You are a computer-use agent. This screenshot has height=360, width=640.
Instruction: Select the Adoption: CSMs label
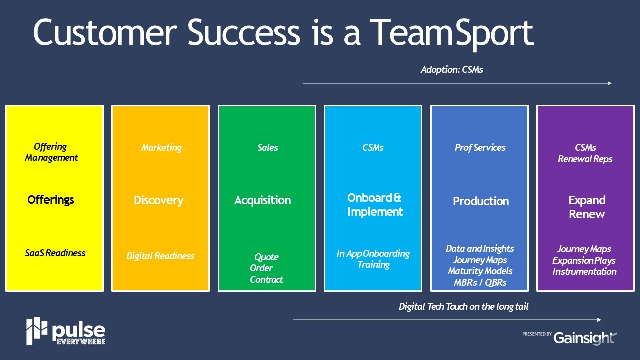452,69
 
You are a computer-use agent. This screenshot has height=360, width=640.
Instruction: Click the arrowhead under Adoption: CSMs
609,83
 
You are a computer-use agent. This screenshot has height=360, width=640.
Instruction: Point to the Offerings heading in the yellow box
51,200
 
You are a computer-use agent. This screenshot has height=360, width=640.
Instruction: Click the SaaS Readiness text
55,253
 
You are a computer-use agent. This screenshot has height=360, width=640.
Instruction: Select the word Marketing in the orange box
161,148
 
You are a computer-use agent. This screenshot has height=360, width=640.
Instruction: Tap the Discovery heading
159,200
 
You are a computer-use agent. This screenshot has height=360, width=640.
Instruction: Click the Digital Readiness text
160,256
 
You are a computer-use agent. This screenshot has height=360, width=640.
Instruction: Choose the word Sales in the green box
267,147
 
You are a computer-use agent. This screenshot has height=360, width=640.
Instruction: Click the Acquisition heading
263,200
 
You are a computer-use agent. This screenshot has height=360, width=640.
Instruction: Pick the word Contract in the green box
266,279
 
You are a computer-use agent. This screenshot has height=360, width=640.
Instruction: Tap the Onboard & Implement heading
375,205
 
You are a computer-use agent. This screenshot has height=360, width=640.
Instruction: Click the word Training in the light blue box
373,265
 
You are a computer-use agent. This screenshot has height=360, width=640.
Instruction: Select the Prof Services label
480,147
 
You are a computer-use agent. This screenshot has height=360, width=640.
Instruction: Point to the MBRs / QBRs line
480,283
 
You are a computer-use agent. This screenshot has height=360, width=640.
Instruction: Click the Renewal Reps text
585,159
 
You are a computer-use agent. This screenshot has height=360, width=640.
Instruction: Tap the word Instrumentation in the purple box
584,271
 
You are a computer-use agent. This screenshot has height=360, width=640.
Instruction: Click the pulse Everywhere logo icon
37,331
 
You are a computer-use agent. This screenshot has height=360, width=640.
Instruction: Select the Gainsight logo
585,338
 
